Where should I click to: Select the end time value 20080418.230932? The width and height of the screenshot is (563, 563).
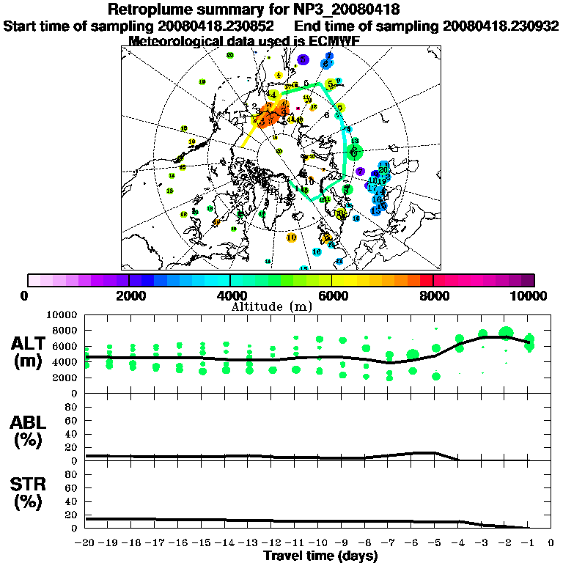click(501, 26)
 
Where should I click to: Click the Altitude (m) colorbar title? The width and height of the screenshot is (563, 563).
click(282, 306)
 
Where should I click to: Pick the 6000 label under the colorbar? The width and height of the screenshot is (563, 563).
click(331, 295)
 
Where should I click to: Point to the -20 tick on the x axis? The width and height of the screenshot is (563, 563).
click(86, 544)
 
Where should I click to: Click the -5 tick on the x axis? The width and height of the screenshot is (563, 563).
click(435, 544)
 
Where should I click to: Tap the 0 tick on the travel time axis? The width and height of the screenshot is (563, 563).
click(551, 544)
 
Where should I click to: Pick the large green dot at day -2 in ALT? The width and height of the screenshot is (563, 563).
click(505, 333)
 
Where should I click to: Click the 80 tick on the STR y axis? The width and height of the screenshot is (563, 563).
click(72, 474)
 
